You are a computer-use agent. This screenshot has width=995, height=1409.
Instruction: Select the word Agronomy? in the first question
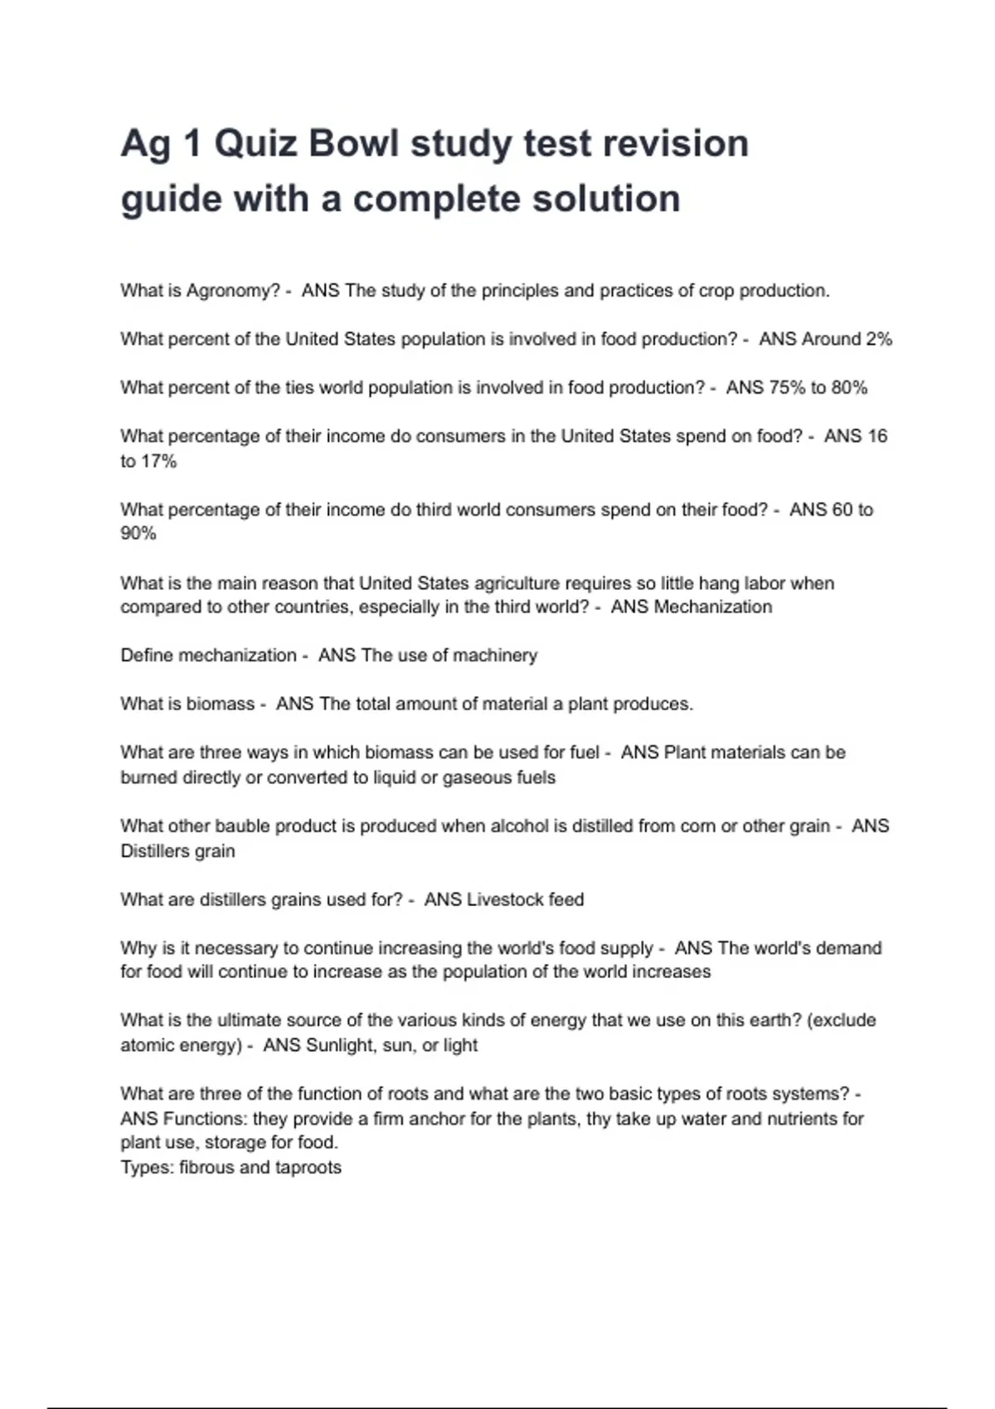(x=233, y=291)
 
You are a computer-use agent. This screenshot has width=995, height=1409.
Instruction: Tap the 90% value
(x=138, y=534)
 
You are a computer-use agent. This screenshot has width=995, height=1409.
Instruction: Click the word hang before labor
(x=720, y=583)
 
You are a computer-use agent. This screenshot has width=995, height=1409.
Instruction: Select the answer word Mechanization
(x=712, y=607)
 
